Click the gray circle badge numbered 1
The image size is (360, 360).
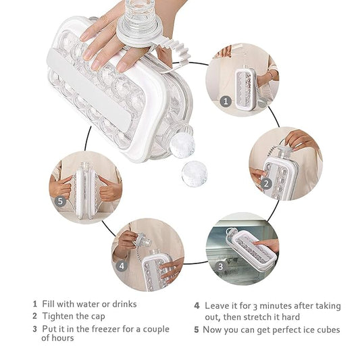click(226, 101)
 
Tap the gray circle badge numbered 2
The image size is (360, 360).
click(266, 184)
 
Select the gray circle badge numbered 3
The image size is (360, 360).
click(221, 266)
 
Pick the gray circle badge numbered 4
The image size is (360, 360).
click(122, 266)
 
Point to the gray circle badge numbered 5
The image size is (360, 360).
click(60, 201)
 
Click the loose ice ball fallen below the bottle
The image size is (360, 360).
click(195, 174)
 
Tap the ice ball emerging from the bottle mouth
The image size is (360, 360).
click(182, 145)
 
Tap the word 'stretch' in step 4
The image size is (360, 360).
click(259, 317)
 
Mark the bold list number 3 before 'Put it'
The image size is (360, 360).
click(35, 329)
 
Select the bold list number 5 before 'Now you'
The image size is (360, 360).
click(197, 330)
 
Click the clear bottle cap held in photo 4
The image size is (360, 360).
click(144, 240)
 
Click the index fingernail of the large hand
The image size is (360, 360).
click(87, 55)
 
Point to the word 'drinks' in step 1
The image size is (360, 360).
click(124, 304)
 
